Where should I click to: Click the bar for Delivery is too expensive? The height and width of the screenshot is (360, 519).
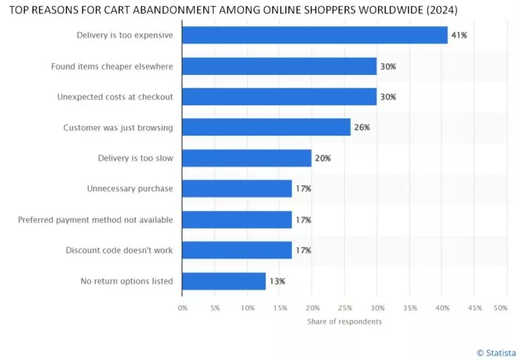coord(314,36)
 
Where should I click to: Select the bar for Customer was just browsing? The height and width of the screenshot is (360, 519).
coord(265,127)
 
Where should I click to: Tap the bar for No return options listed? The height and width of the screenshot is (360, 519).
coord(223,281)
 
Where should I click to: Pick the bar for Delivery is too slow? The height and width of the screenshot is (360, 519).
coord(246,158)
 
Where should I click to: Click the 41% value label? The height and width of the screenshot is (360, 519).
coord(459,36)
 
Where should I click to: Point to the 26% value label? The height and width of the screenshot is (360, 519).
coord(362,127)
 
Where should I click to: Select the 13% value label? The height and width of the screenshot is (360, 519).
coord(277,281)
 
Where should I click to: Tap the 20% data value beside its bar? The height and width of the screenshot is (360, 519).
coord(323,158)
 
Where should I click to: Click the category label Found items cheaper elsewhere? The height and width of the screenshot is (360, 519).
coord(112,66)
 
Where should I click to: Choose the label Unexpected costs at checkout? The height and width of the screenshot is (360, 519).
coord(115,97)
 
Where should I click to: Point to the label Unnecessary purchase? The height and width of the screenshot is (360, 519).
coord(130,189)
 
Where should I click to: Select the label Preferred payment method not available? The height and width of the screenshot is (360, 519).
coord(95,219)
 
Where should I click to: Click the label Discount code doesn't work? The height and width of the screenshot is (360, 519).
coord(119,250)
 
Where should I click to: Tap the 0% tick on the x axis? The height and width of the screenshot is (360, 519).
coord(182,307)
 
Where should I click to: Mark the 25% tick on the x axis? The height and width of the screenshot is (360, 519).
coord(344,307)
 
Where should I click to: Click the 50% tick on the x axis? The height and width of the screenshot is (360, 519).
coord(500,307)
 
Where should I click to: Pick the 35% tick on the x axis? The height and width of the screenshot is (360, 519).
coord(409,307)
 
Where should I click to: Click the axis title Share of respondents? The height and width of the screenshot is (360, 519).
coord(344,321)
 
